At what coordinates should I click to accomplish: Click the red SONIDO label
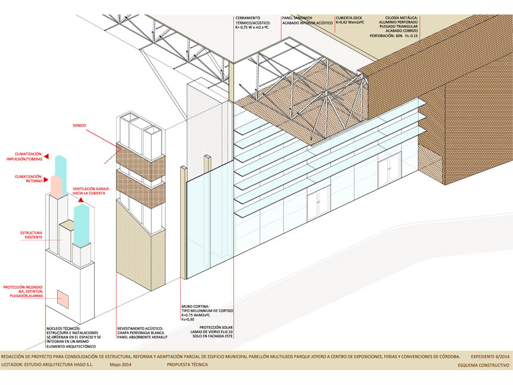[x=79, y=125]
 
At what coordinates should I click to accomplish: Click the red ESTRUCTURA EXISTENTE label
[x=32, y=235]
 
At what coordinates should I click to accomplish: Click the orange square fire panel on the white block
[x=62, y=295]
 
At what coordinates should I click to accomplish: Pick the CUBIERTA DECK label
[x=349, y=17]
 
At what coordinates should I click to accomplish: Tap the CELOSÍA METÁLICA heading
[x=401, y=17]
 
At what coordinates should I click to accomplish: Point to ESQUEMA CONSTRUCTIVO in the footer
[x=484, y=365]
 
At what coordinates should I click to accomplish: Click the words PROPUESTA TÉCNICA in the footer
[x=187, y=365]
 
